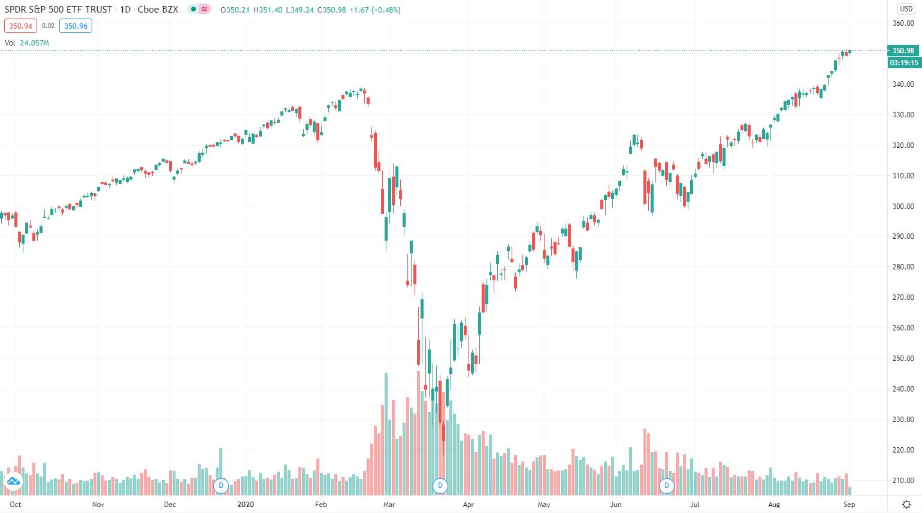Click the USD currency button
(x=906, y=9)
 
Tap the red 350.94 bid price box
(x=20, y=26)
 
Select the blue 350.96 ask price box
(x=75, y=26)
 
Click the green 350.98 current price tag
(x=903, y=51)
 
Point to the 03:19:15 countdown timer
(x=904, y=62)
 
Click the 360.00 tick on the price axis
(x=903, y=23)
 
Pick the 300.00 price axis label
(x=903, y=206)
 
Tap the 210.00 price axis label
(x=903, y=481)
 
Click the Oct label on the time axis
(x=15, y=505)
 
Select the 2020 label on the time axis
(x=246, y=505)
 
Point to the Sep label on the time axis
(x=849, y=505)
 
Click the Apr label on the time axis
(x=468, y=505)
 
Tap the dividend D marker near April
(x=440, y=486)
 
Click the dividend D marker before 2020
(x=221, y=486)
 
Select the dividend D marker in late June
(x=666, y=486)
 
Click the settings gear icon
(x=906, y=505)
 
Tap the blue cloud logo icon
(x=13, y=481)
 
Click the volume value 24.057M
(x=35, y=43)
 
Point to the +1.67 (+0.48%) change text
(x=375, y=10)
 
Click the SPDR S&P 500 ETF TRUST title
(x=58, y=10)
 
